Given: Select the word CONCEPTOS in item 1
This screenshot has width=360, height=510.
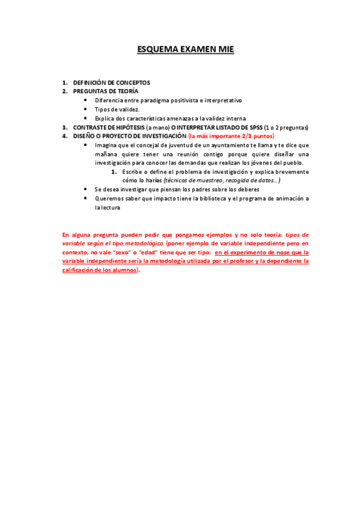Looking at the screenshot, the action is coord(132,82).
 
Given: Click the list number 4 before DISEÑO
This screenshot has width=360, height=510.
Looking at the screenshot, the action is coord(64,137).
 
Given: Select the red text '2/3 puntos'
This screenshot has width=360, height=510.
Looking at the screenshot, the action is coord(258,137).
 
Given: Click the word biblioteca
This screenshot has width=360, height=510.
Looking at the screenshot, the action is coord(210,198).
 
